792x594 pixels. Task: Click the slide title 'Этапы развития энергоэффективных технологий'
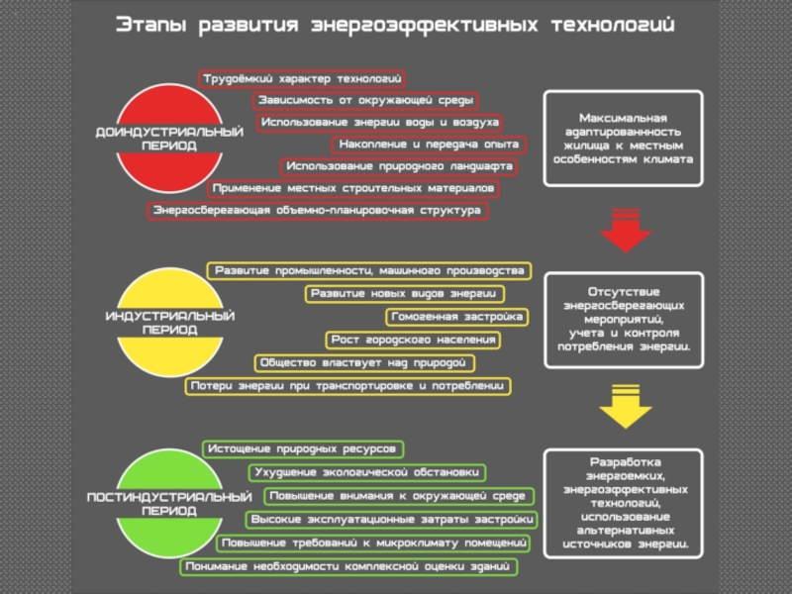[395, 25]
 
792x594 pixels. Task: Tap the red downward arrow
[626, 230]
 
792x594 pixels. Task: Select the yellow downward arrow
[626, 407]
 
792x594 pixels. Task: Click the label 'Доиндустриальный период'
[169, 139]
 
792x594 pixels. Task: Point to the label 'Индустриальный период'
[169, 323]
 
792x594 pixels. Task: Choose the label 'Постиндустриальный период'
[169, 504]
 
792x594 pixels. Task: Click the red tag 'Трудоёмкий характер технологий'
[302, 79]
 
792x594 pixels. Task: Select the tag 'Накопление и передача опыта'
[429, 145]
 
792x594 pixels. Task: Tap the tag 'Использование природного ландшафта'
[399, 166]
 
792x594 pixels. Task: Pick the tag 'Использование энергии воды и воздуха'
[379, 123]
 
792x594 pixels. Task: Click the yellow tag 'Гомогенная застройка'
[457, 317]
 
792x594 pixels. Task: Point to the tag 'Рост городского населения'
[413, 340]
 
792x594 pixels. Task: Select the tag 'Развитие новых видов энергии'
[405, 294]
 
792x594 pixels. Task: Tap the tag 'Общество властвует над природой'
[364, 363]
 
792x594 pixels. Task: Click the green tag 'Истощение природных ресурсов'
[303, 449]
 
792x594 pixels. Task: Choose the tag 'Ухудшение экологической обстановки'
[367, 473]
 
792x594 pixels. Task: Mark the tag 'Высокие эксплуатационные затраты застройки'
[391, 520]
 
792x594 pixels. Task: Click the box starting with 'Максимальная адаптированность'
[624, 139]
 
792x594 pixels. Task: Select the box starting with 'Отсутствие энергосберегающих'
[624, 320]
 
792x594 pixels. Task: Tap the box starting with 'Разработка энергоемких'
[624, 504]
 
